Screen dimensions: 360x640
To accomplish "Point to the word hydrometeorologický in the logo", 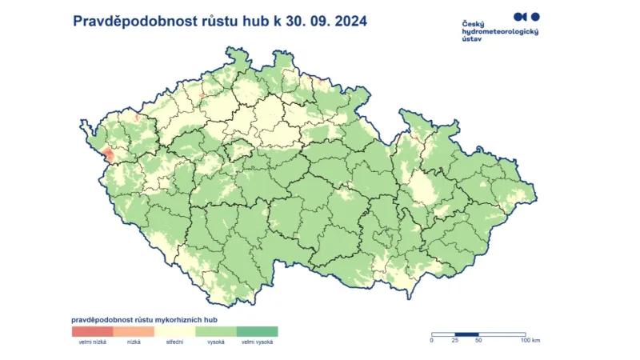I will point(501,31).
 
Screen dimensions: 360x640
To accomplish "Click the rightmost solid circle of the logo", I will point(536,16).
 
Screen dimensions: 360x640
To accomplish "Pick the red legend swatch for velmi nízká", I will point(92,330).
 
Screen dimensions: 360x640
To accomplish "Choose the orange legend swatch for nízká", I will point(134,330).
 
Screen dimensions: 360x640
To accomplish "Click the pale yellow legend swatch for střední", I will point(174,330).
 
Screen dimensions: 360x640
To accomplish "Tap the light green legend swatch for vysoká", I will point(216,330).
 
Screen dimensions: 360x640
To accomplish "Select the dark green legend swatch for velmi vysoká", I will point(257,330).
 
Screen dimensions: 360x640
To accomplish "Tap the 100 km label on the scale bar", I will point(530,341).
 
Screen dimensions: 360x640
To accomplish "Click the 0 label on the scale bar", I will point(432,341).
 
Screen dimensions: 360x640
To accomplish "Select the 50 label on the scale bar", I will point(478,341).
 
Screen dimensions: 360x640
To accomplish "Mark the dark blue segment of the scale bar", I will point(467,334).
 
